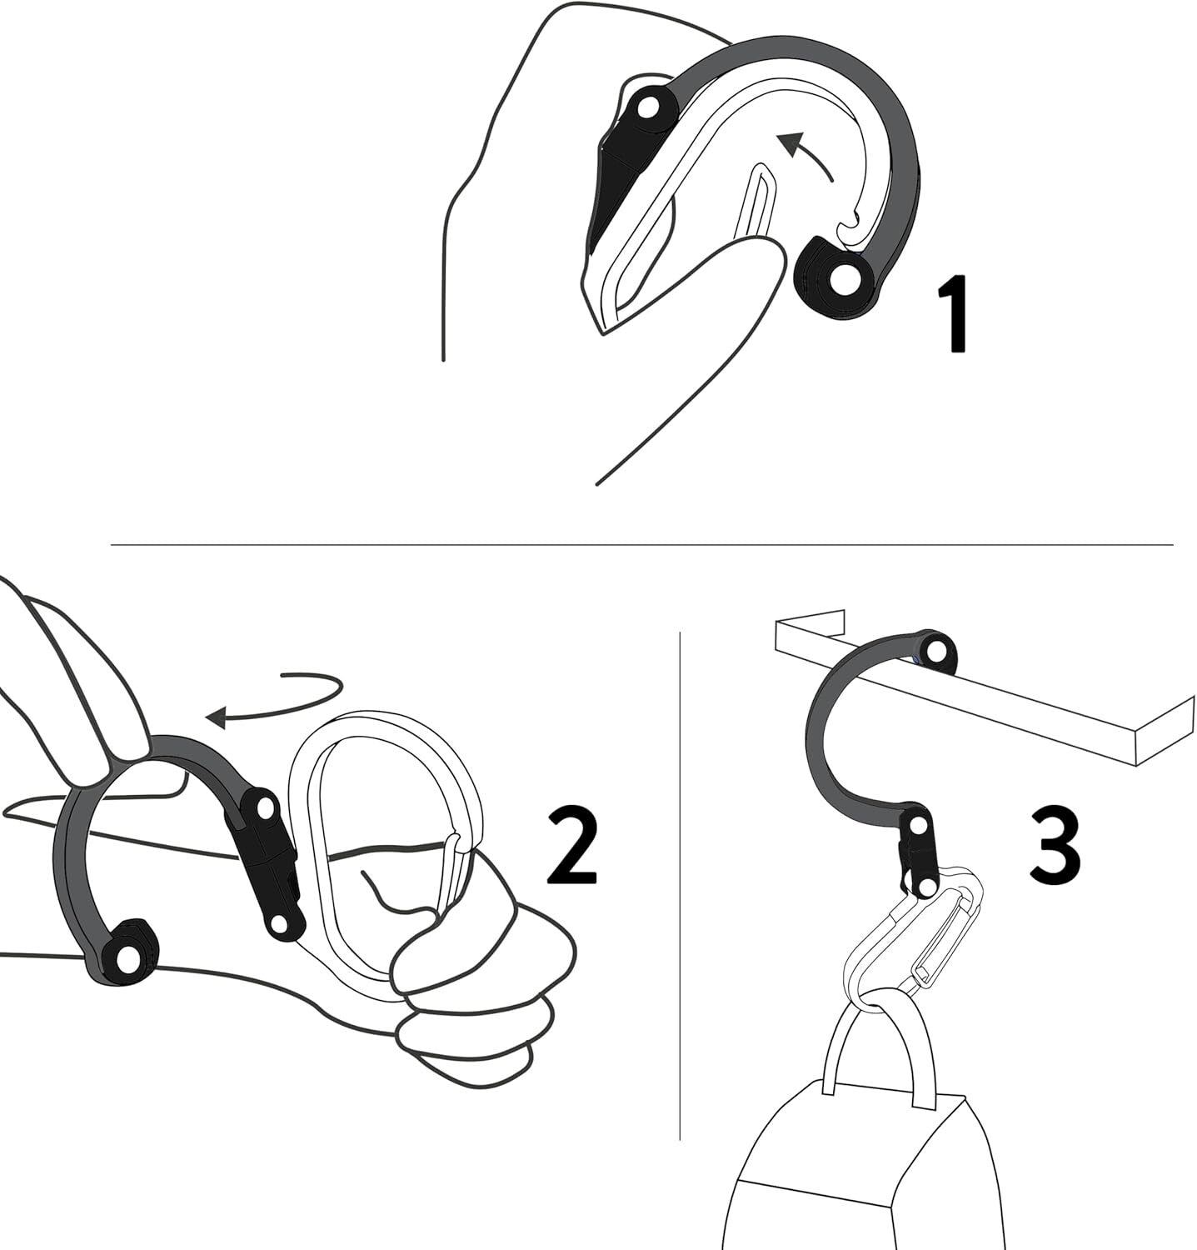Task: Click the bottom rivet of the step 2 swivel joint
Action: click(282, 922)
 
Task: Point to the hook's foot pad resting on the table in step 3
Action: click(935, 649)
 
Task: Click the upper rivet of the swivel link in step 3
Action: click(916, 826)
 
